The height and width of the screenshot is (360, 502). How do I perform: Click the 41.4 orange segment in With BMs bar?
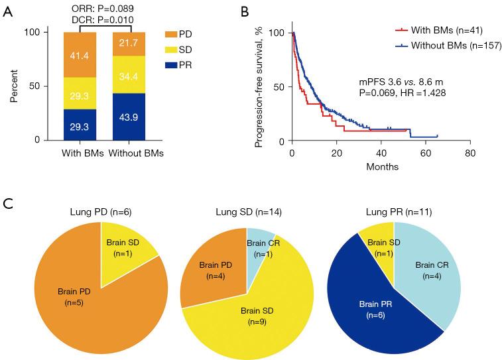pyautogui.click(x=80, y=55)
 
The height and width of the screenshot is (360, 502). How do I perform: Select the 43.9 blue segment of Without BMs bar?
pyautogui.click(x=129, y=117)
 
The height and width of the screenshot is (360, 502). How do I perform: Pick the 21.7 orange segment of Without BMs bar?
pyautogui.click(x=129, y=43)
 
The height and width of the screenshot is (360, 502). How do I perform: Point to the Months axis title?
pyautogui.click(x=382, y=167)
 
